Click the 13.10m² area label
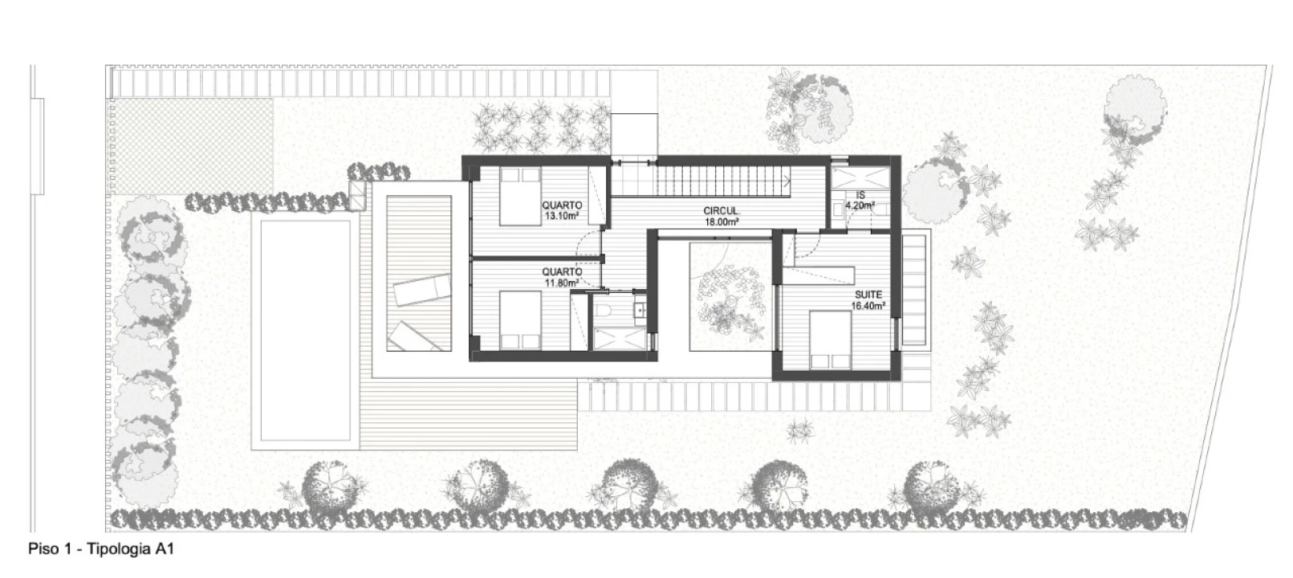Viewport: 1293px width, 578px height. tap(562, 216)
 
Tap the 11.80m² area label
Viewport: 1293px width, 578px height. tap(562, 283)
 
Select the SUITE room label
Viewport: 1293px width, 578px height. tap(868, 295)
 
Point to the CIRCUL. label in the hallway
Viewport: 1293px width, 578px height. tap(722, 211)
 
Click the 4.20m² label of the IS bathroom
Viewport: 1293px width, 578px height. tap(860, 205)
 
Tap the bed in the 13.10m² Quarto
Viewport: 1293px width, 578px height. tap(520, 197)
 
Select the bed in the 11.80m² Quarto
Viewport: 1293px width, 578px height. tap(520, 320)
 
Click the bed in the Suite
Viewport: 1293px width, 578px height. tap(830, 340)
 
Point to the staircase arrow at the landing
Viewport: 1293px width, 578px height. tap(787, 181)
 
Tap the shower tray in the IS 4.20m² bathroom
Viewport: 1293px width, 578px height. tap(860, 177)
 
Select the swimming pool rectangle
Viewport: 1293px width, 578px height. tap(305, 330)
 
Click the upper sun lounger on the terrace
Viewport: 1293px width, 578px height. tap(422, 290)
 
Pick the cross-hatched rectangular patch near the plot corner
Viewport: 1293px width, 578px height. tap(190, 147)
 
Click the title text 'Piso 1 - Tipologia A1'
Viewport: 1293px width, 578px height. tap(101, 549)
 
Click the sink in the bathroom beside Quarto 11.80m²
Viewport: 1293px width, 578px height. tap(640, 311)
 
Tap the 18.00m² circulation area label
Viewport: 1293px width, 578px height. tap(722, 222)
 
